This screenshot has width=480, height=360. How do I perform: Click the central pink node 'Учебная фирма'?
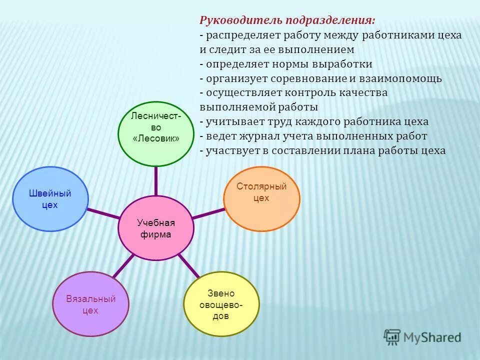click(155, 228)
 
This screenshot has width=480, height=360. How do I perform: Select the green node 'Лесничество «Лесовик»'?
click(155, 133)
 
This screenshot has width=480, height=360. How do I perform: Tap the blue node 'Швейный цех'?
click(50, 199)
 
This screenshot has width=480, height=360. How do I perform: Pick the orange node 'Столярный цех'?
click(261, 198)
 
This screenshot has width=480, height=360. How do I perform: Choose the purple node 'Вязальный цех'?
click(91, 304)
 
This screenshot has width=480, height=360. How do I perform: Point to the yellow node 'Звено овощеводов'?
click(221, 304)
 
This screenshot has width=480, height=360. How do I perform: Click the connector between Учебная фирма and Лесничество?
click(156, 180)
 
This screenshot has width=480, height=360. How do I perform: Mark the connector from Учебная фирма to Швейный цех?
click(103, 213)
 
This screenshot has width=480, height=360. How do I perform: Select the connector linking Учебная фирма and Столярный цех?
click(208, 213)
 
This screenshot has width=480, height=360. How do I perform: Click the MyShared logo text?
click(432, 337)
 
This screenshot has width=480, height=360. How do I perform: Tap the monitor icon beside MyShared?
click(392, 337)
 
